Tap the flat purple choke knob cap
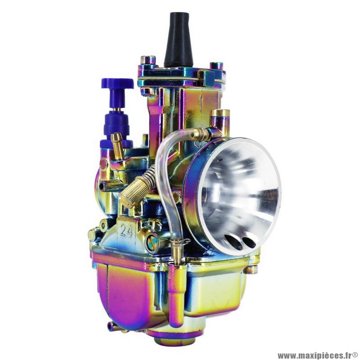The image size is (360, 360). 117,83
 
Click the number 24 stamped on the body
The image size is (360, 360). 126,230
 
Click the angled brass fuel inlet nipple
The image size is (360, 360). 117,146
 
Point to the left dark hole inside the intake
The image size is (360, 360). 233,242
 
